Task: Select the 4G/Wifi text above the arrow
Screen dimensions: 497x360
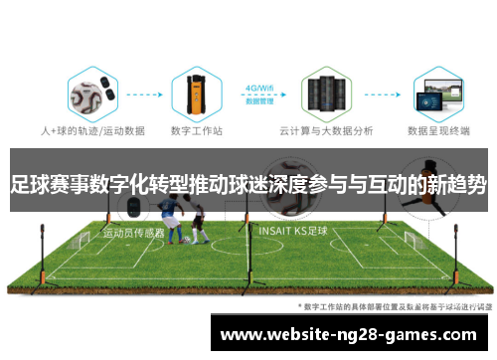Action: (260, 87)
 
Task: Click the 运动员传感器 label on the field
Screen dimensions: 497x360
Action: (133, 233)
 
